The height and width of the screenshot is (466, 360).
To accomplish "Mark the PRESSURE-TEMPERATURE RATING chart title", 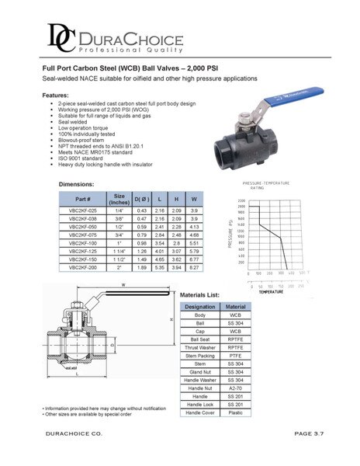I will [x=267, y=184].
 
